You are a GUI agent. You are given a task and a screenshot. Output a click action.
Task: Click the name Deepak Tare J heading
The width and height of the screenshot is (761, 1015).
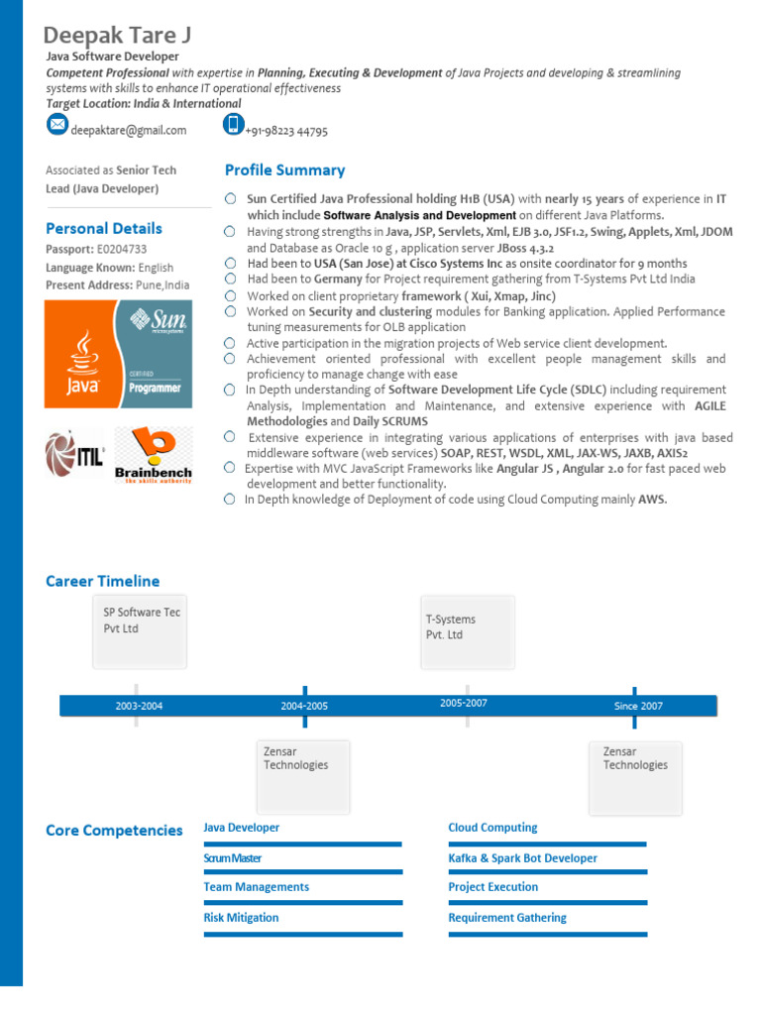click(118, 36)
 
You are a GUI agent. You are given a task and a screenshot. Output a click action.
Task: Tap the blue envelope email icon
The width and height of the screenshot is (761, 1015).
click(57, 125)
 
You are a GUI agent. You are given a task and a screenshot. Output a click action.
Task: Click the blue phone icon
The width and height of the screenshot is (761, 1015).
click(233, 125)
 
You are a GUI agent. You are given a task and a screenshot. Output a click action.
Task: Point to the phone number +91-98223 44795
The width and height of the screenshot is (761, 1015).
click(286, 131)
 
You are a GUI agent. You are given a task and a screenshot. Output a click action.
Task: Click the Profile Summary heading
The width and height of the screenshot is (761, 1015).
click(284, 170)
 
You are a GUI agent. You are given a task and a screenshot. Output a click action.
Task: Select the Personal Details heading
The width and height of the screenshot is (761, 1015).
click(104, 228)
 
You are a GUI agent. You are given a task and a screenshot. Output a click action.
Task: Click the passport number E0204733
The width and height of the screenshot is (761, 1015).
click(122, 249)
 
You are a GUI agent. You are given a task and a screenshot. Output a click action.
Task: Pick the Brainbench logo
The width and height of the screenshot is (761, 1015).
click(153, 455)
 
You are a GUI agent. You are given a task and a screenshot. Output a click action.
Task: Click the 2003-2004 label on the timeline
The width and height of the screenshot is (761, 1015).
click(139, 706)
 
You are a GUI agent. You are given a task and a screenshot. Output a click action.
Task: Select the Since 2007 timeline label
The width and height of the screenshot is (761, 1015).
click(638, 706)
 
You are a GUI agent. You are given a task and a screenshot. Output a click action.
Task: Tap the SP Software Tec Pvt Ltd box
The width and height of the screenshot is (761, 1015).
click(140, 628)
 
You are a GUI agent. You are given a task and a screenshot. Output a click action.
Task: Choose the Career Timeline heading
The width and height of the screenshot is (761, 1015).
click(102, 581)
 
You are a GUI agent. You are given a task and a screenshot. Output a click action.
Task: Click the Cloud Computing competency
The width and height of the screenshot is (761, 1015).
click(492, 828)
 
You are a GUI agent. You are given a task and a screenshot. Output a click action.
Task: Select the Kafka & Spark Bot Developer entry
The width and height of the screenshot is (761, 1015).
click(522, 858)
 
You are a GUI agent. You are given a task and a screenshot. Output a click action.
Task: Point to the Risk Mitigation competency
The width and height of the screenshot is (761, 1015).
click(241, 918)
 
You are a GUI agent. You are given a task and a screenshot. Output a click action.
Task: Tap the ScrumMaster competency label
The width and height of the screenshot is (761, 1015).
click(233, 858)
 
